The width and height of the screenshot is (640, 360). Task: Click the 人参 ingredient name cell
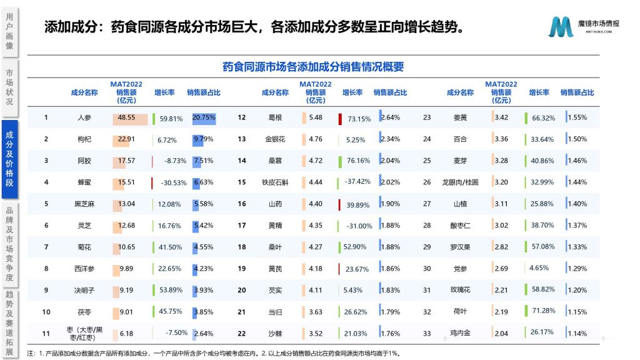(84, 117)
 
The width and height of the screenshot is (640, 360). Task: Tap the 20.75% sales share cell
(204, 117)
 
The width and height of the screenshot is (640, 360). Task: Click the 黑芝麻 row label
(84, 204)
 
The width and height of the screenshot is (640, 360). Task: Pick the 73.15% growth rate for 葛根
(359, 118)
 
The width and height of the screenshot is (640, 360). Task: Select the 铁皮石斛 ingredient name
(276, 182)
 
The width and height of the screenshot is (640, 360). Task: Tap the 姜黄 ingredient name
(459, 117)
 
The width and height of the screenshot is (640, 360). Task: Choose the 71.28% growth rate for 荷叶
(542, 311)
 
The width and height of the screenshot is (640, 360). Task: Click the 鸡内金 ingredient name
(459, 333)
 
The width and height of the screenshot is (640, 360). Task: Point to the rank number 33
(427, 333)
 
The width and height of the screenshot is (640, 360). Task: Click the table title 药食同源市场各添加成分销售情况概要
(312, 67)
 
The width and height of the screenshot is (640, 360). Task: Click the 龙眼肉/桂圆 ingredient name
(459, 182)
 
